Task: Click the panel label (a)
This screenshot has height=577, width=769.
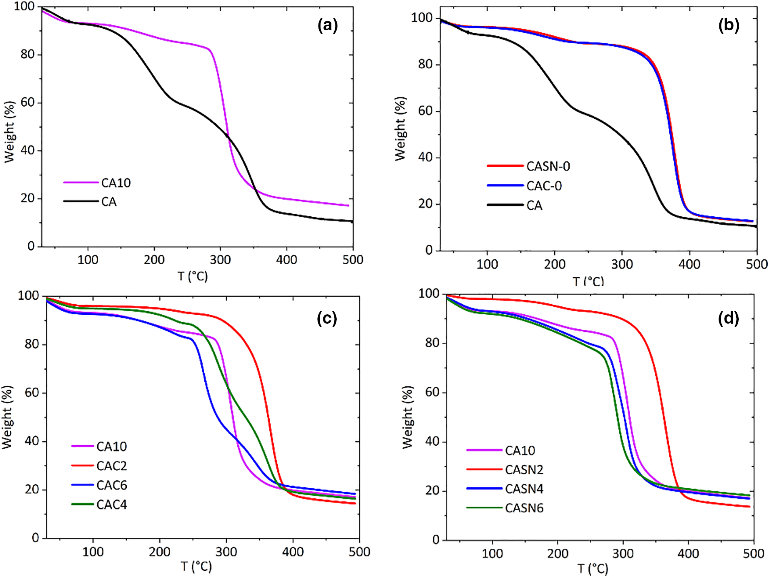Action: point(327,25)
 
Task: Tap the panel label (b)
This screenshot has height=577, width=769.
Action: point(729,25)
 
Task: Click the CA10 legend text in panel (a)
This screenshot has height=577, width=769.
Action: point(116,183)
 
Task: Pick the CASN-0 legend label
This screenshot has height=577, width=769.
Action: point(548,166)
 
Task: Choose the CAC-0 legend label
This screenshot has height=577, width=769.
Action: point(544,186)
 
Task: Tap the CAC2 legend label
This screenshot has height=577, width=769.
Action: point(111,466)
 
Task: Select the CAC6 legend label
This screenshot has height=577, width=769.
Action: point(111,485)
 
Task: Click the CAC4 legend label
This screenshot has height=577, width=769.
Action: point(111,505)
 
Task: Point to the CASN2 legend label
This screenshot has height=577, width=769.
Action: point(524,470)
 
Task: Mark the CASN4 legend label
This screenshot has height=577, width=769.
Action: point(524,489)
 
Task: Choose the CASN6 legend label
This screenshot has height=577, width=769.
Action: point(524,508)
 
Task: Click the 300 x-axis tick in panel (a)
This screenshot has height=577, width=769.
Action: point(220,259)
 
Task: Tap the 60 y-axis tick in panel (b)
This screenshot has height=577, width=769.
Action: point(425,111)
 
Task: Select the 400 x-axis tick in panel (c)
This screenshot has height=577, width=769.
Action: point(293,552)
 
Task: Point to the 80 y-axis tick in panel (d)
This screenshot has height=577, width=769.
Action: point(432,343)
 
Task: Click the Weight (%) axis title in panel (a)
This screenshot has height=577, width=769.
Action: point(9,132)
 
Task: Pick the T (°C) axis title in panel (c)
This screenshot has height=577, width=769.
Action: point(196,566)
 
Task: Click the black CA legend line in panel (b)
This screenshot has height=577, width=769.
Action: point(505,205)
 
